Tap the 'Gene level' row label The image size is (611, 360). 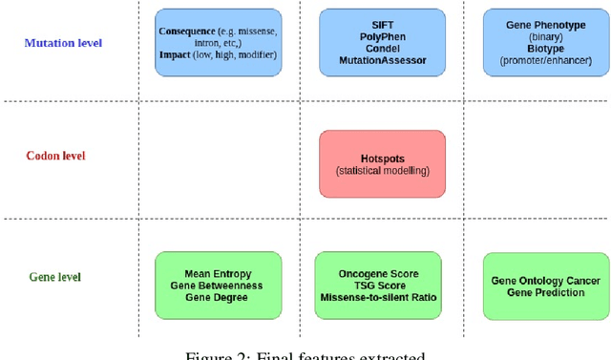click(55, 277)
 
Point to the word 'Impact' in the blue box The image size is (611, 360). click(176, 55)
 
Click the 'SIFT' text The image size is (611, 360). click(382, 25)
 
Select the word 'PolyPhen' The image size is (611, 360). click(382, 36)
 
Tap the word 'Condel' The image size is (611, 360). click(382, 49)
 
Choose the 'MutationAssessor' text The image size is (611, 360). click(382, 60)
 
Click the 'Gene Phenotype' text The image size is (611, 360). click(547, 25)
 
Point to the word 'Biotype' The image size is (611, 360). click(547, 49)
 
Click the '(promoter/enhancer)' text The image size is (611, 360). click(547, 60)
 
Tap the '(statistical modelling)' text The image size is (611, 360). click(382, 171)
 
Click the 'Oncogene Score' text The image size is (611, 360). click(378, 274)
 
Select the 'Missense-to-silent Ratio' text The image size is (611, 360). click(378, 297)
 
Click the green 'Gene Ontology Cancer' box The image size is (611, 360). click(546, 286)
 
